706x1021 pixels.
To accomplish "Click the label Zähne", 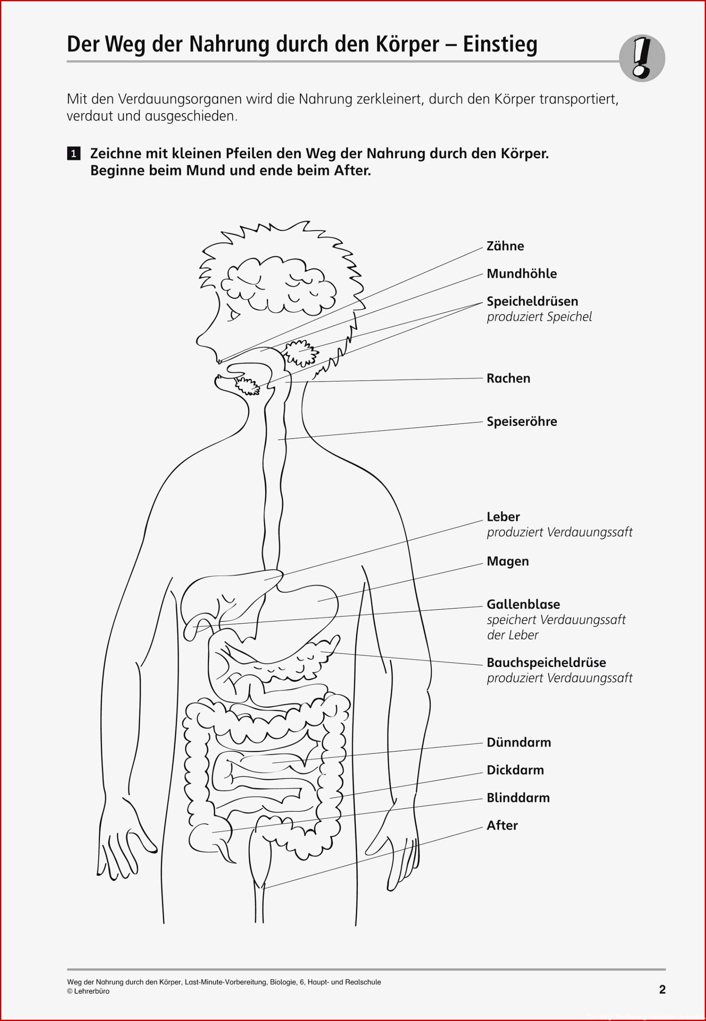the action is tap(505, 246).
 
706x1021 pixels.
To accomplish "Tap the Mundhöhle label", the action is tap(522, 274).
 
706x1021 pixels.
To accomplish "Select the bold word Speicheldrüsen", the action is tap(532, 301).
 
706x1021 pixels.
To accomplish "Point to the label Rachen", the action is tap(508, 378).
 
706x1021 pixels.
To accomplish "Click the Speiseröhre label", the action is tap(522, 421).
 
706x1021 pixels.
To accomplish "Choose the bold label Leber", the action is tap(503, 517).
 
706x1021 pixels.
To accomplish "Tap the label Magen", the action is tap(507, 562).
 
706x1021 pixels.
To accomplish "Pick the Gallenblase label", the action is tap(523, 604).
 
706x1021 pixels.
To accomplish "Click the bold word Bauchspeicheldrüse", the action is tap(546, 663).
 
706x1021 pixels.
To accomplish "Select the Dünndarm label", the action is tap(518, 743).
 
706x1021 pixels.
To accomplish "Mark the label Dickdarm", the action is tap(515, 770).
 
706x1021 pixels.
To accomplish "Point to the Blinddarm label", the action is tap(518, 798).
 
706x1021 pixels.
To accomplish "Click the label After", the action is tap(502, 825).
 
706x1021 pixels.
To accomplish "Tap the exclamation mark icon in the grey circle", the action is tap(642, 58).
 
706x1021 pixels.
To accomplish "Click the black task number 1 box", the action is tap(74, 154).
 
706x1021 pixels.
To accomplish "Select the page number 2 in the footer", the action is tap(662, 989).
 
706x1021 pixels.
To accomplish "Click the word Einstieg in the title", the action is tap(500, 45).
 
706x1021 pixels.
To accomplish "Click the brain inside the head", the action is tap(278, 285).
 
